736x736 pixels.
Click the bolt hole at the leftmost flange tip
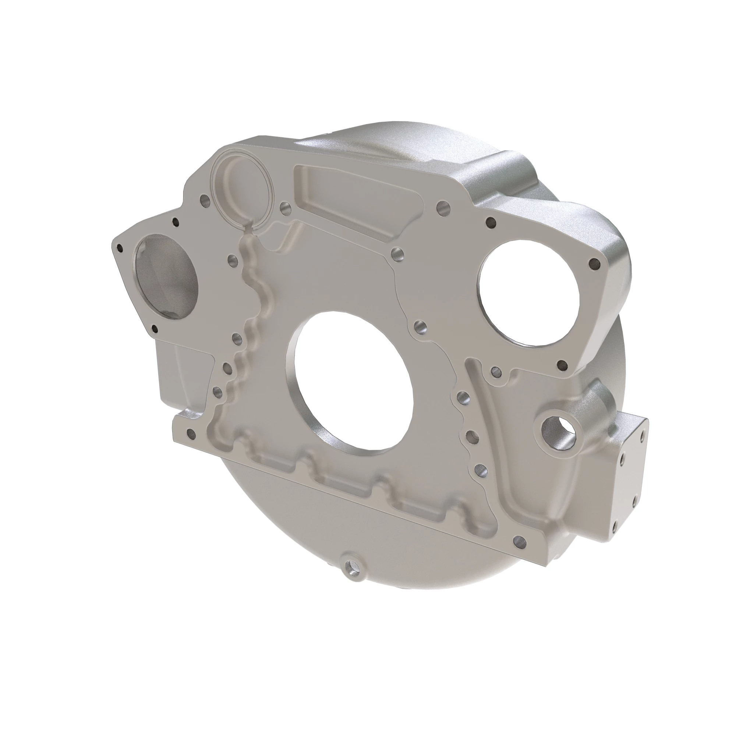point(120,248)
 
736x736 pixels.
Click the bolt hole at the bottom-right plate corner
point(520,541)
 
